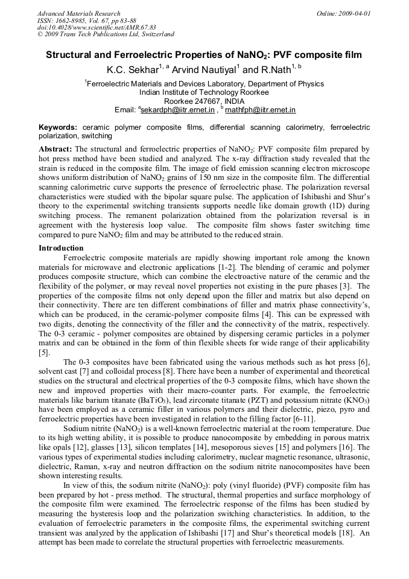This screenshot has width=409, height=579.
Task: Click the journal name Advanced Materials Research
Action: coord(78,13)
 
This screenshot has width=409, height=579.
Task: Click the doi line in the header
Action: coord(97,27)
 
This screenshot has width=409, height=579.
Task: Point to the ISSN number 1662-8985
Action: coord(71,21)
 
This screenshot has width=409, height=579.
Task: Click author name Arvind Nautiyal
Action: coord(200,69)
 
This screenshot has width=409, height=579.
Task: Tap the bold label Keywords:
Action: coord(58,127)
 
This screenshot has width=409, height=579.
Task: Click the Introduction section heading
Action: coord(61,248)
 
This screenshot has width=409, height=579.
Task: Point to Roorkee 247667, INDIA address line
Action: coord(204,101)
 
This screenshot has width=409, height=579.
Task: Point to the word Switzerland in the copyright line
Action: coord(153,34)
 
